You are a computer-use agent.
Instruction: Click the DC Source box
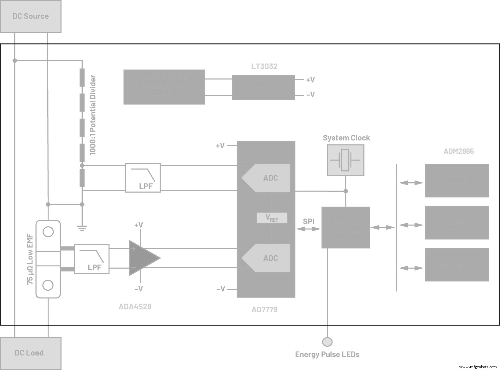click(x=31, y=16)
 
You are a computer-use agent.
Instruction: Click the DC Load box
click(x=31, y=353)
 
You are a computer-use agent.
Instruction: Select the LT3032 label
click(x=264, y=66)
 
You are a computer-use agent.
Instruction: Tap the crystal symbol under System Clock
click(x=345, y=160)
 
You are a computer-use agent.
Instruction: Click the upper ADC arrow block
click(x=267, y=178)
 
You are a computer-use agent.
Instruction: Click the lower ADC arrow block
click(x=267, y=258)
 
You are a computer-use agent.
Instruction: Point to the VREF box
click(x=272, y=218)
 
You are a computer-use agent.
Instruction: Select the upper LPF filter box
click(x=143, y=178)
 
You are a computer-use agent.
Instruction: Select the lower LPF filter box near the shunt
click(x=92, y=259)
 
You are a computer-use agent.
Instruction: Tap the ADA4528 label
click(x=135, y=307)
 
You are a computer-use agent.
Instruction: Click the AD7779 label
click(x=264, y=310)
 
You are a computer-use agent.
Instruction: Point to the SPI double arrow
click(x=309, y=229)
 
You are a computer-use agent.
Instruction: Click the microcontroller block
click(x=346, y=227)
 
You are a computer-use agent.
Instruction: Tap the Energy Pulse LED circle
click(x=327, y=342)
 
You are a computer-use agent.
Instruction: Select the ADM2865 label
click(x=458, y=151)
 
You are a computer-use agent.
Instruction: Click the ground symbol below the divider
click(x=82, y=228)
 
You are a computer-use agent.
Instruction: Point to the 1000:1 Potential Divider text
click(x=93, y=115)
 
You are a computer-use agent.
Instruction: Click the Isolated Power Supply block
click(x=164, y=87)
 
